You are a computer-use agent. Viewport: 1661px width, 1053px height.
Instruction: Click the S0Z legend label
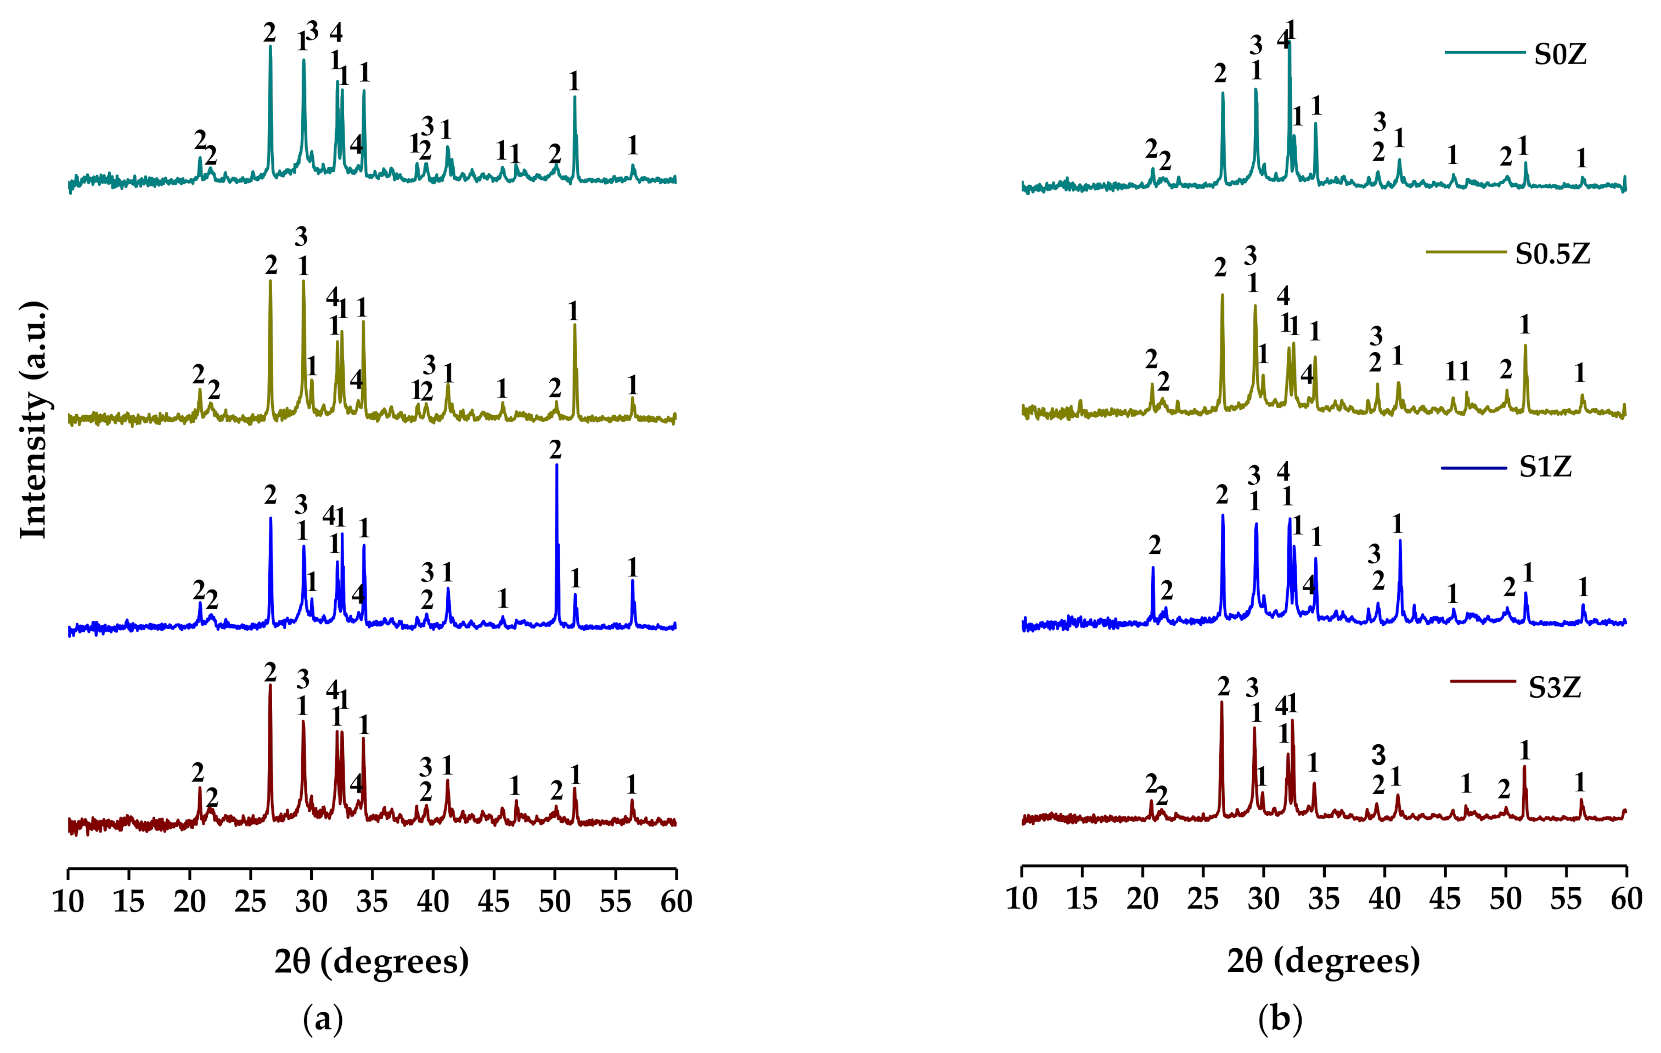pyautogui.click(x=1559, y=54)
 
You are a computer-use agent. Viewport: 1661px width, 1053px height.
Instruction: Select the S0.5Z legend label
pyautogui.click(x=1552, y=254)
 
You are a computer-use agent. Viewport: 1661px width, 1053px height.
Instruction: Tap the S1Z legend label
pyautogui.click(x=1545, y=467)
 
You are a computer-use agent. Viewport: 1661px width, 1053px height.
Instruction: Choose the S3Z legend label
pyautogui.click(x=1554, y=688)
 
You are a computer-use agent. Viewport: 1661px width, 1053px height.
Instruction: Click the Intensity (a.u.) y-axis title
pyautogui.click(x=33, y=420)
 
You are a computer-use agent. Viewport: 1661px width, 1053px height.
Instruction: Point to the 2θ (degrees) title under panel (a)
pyautogui.click(x=371, y=961)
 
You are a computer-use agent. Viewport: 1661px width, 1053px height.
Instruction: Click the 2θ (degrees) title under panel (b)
pyautogui.click(x=1323, y=961)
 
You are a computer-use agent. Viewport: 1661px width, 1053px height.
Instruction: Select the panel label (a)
pyautogui.click(x=323, y=1018)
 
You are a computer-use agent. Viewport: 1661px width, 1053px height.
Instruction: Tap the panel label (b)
pyautogui.click(x=1280, y=1018)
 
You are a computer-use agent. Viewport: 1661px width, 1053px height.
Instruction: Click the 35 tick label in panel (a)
pyautogui.click(x=372, y=901)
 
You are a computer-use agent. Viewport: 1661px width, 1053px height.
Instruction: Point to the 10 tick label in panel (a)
pyautogui.click(x=67, y=901)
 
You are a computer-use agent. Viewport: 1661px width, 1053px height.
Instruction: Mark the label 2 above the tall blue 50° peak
pyautogui.click(x=555, y=450)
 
